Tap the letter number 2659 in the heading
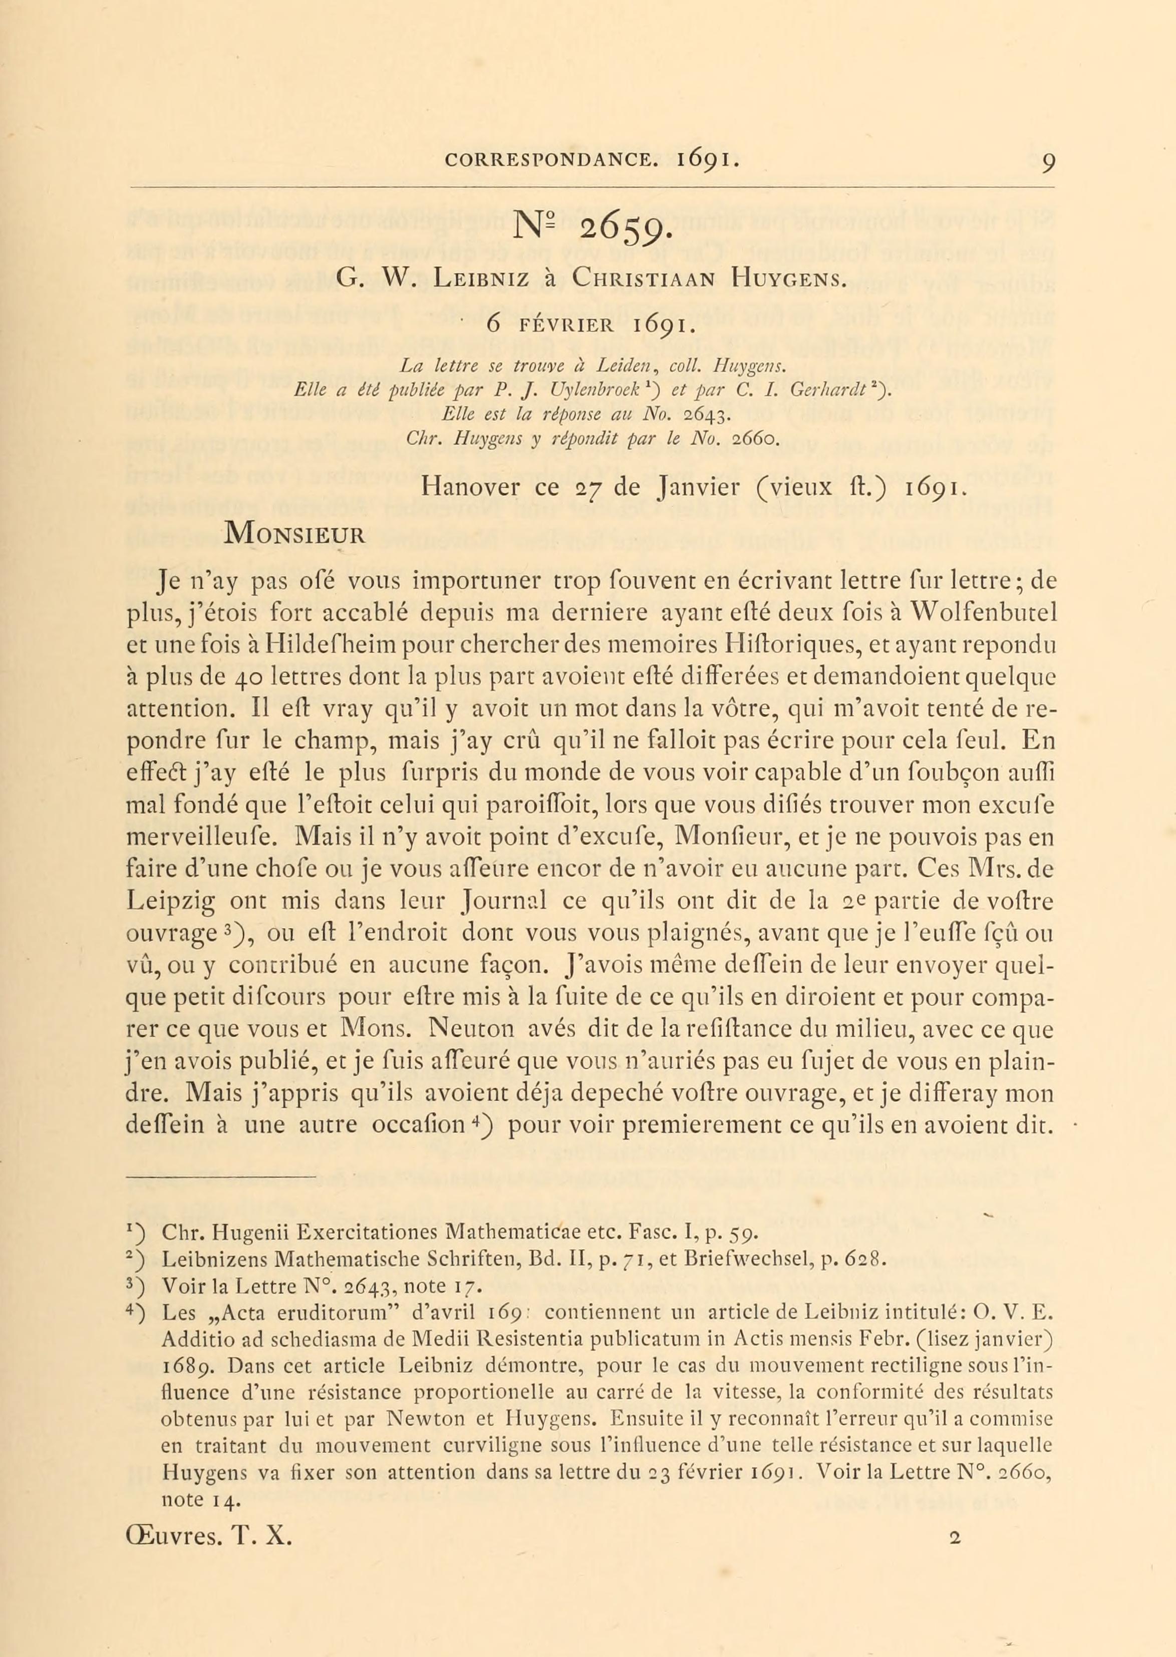(x=621, y=228)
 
